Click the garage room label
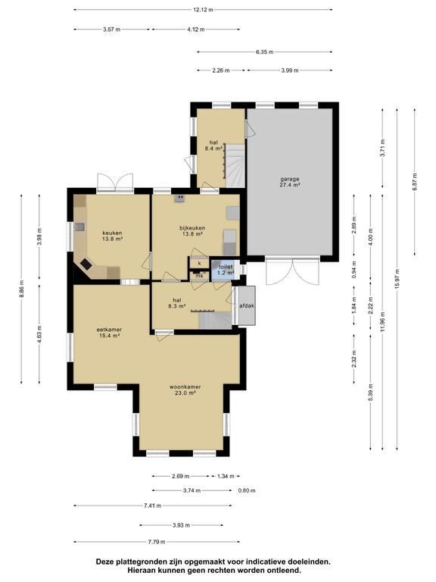point(290,182)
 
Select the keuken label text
point(112,236)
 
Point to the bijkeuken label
point(193,231)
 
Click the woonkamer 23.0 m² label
point(185,390)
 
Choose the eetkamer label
point(109,333)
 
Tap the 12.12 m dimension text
point(203,10)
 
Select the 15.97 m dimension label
point(397,278)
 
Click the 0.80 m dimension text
point(247,490)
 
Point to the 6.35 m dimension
point(264,52)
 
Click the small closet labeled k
point(200,263)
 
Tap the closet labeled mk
point(200,276)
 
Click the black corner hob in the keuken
point(86,264)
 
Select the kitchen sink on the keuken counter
point(80,227)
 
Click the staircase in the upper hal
point(235,166)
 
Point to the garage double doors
point(292,271)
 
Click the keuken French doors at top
point(115,182)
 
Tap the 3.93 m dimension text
point(182,525)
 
